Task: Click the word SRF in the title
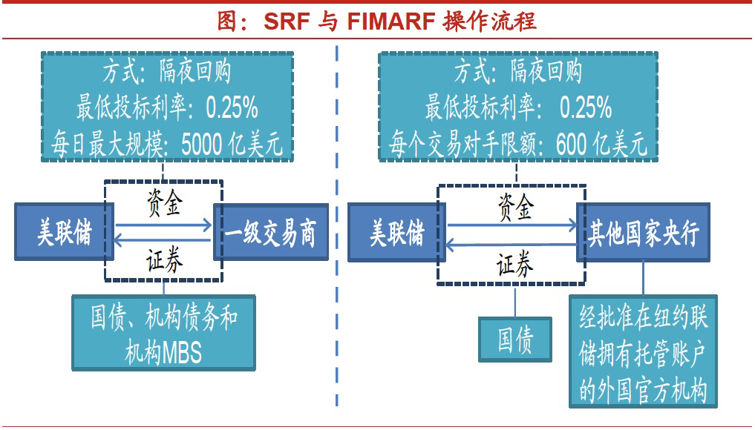(286, 21)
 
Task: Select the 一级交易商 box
(271, 232)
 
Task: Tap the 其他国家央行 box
(644, 233)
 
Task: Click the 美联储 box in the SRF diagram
(64, 232)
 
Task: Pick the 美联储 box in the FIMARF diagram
(396, 233)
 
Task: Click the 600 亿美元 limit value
(601, 143)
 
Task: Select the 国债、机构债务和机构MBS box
(164, 333)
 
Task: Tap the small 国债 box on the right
(515, 340)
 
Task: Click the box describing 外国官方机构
(644, 351)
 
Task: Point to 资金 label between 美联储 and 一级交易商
(164, 202)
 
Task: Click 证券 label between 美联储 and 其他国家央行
(514, 264)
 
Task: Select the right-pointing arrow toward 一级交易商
(163, 225)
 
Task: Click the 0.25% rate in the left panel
(232, 107)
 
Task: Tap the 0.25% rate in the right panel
(585, 107)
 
